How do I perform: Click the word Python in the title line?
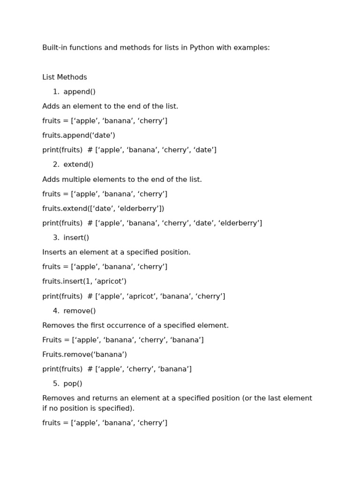(x=202, y=48)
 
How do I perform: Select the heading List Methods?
(x=65, y=77)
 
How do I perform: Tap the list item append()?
(x=79, y=92)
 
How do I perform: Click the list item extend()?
(x=78, y=165)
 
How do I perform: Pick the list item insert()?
(x=76, y=238)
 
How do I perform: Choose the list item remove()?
(x=79, y=311)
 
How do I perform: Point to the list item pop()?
(x=73, y=383)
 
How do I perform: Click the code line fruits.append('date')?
(x=79, y=135)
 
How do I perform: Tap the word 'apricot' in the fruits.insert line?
(x=110, y=281)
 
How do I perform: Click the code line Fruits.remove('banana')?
(x=84, y=354)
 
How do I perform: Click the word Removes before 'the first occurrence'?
(x=58, y=325)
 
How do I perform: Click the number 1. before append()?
(x=56, y=92)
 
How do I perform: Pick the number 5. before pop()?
(x=56, y=383)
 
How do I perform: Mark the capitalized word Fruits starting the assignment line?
(x=52, y=340)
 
